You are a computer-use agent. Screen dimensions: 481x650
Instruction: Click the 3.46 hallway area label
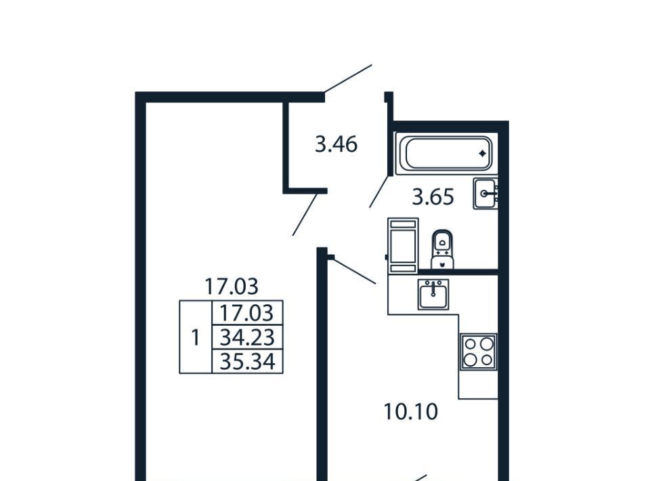[x=336, y=144]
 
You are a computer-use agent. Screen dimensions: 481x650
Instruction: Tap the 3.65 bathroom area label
[x=433, y=197]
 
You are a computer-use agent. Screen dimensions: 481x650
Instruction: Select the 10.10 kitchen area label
[x=411, y=411]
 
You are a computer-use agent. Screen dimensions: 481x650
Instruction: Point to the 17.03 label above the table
[x=232, y=286]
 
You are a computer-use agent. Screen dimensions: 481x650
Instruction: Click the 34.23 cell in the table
[x=246, y=337]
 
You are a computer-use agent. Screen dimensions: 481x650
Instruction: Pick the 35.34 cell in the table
[x=246, y=362]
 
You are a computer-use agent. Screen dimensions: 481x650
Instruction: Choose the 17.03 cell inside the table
[x=246, y=313]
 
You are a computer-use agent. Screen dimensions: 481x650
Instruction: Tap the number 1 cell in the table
[x=196, y=337]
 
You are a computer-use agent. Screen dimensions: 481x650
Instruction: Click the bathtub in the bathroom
[x=447, y=154]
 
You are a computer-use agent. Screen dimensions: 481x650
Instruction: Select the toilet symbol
[x=442, y=248]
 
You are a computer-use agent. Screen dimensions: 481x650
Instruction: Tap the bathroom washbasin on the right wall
[x=485, y=194]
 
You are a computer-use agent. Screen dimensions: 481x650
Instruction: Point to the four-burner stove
[x=478, y=352]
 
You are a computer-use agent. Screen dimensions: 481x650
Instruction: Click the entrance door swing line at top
[x=348, y=79]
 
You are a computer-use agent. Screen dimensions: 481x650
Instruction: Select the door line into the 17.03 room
[x=305, y=213]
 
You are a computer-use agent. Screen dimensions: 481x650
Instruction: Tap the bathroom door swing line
[x=379, y=190]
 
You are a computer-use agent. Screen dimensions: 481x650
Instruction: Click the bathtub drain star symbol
[x=482, y=154]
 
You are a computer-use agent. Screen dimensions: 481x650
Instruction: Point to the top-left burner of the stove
[x=471, y=343]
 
